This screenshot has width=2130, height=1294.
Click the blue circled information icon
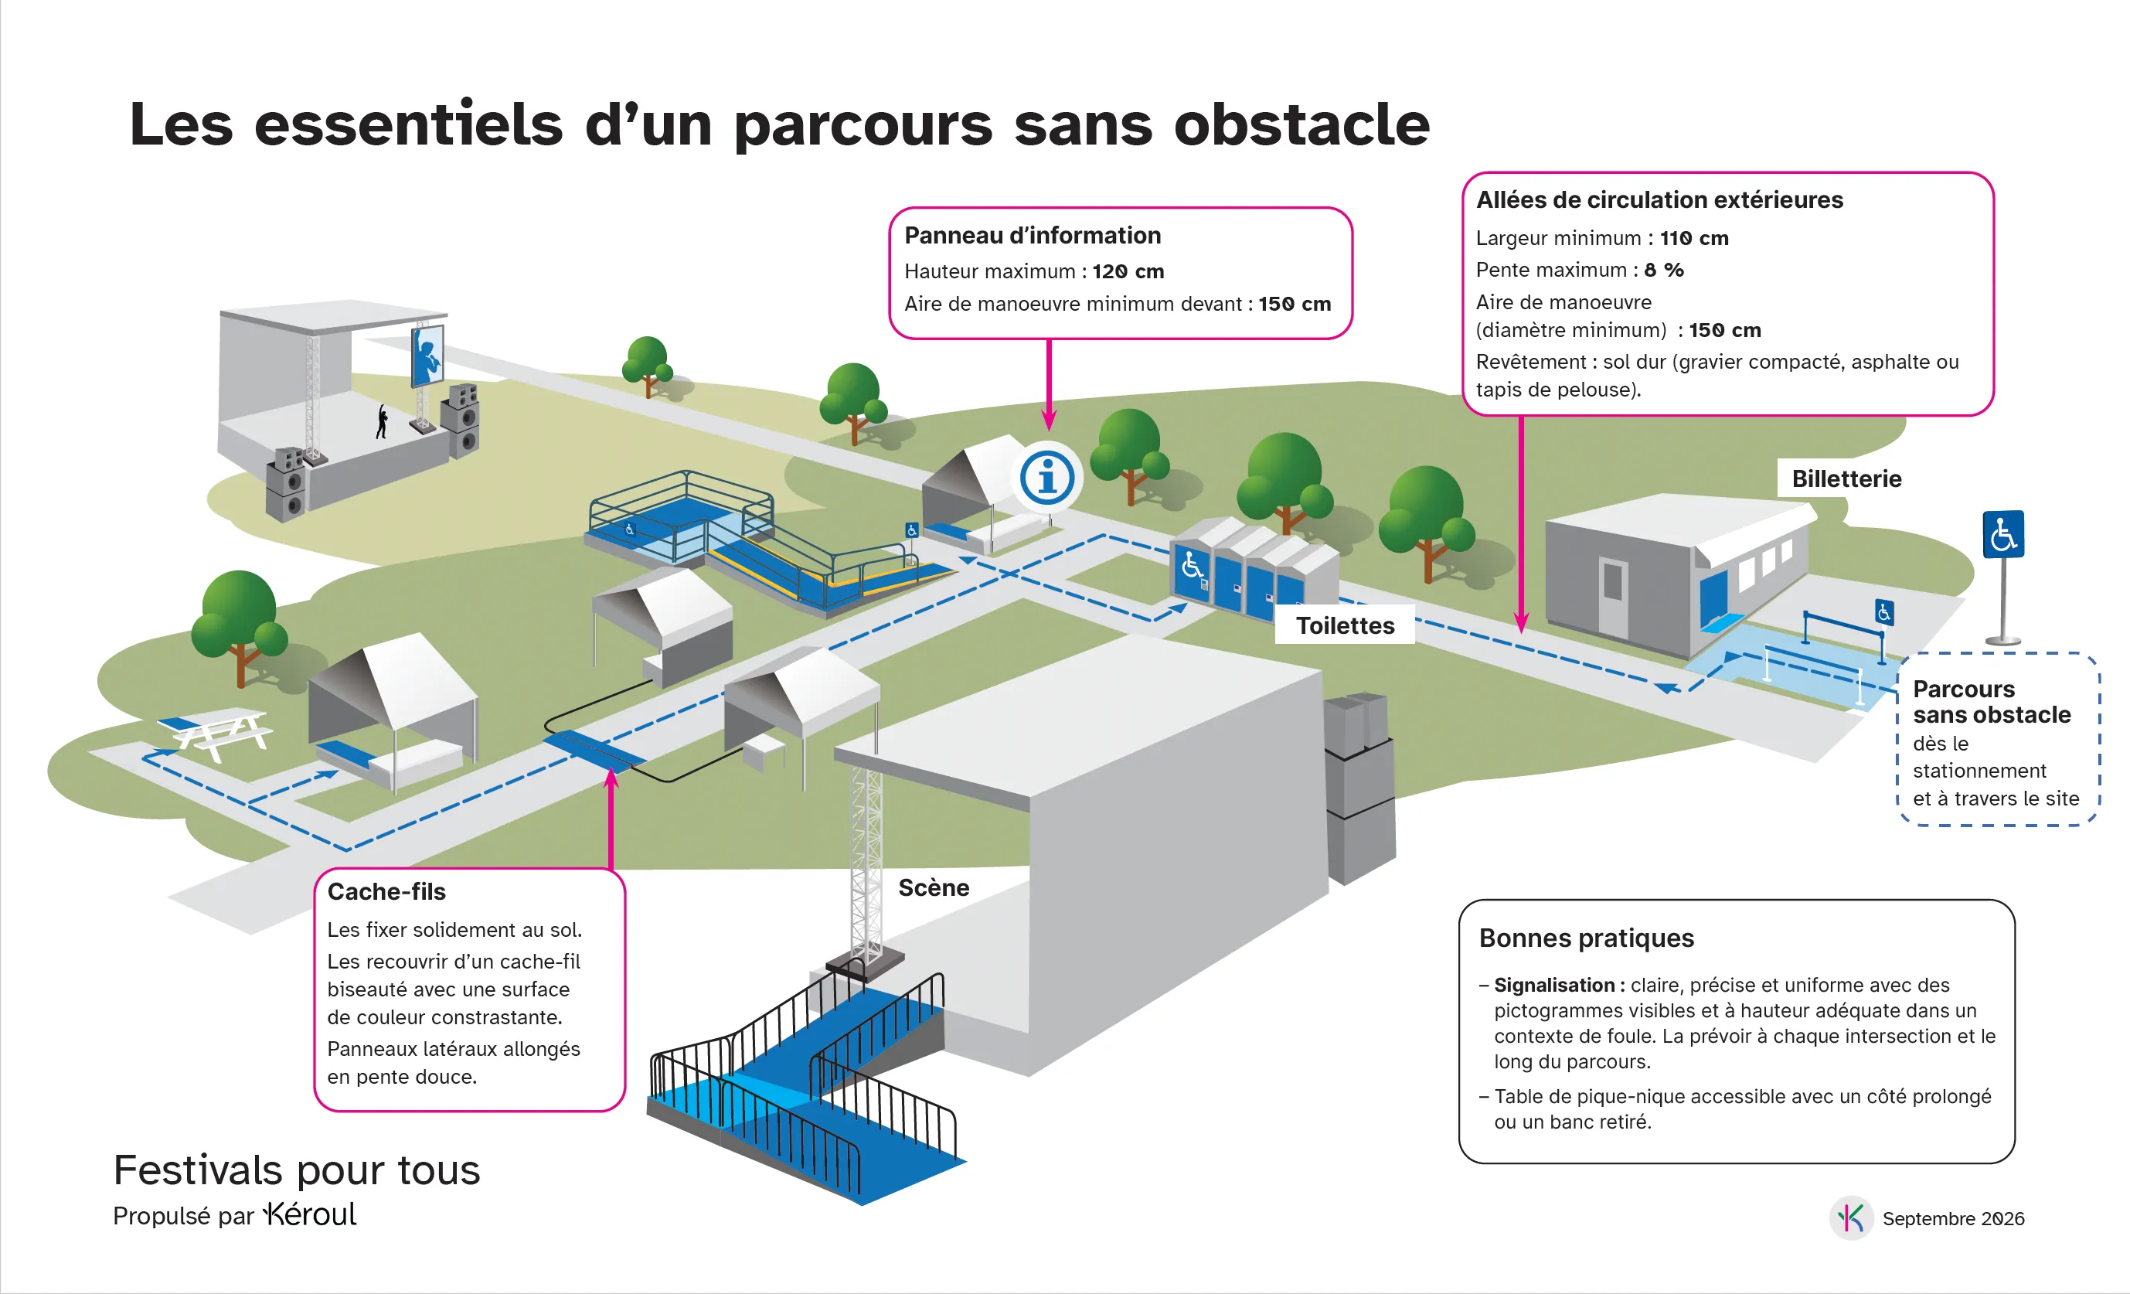click(1047, 477)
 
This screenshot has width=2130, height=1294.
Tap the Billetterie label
click(1846, 479)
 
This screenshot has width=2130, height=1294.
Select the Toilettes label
click(1345, 626)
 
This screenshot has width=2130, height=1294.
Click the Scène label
click(934, 887)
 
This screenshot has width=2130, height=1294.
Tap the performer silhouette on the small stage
click(381, 422)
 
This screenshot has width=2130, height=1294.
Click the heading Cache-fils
click(386, 891)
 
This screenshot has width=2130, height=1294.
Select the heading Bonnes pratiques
click(1586, 938)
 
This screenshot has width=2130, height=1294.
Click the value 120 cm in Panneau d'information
click(1128, 271)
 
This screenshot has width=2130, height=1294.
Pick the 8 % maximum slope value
click(1664, 270)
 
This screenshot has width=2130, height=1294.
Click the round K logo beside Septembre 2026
click(1851, 1218)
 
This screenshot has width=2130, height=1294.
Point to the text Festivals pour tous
click(297, 1170)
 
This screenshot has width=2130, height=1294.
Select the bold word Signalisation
click(1554, 986)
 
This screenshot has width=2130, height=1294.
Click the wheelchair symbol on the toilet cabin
click(1192, 566)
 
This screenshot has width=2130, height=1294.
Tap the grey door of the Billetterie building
click(1612, 598)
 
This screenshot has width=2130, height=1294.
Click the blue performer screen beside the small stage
click(427, 356)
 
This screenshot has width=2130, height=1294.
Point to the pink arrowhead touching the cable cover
click(611, 777)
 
